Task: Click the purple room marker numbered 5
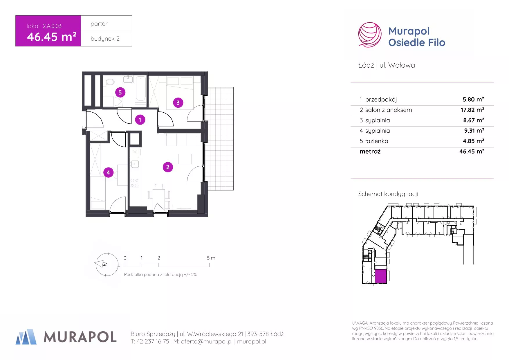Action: pos(120,92)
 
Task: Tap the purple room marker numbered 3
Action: pos(178,102)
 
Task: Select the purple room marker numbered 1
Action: pos(140,119)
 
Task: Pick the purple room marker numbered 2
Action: pos(168,167)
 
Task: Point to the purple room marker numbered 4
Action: pos(108,172)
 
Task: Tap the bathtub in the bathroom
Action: pos(141,89)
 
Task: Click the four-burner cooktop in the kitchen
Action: pos(135,183)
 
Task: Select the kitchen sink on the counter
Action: pos(135,164)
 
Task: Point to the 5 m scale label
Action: pos(211,258)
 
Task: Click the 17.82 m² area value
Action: pos(472,110)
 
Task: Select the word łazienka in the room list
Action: pos(377,141)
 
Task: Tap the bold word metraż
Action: pos(370,151)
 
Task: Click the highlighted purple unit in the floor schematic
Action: pos(381,276)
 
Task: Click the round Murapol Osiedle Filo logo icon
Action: pos(370,35)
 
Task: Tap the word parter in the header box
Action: pos(99,24)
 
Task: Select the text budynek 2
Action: pos(105,39)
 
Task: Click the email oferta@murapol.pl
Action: pos(207,341)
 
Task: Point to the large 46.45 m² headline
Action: pos(52,37)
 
